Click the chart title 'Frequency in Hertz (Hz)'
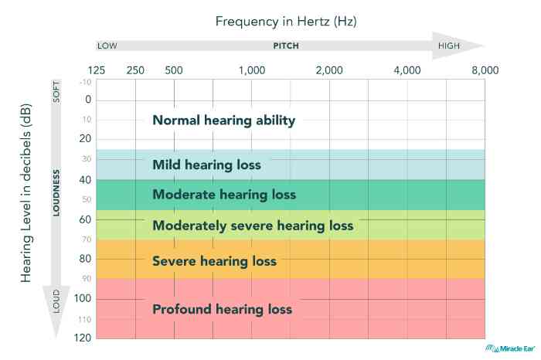tap(286, 22)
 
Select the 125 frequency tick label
tap(97, 70)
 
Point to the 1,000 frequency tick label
tap(252, 70)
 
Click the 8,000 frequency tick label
tap(485, 70)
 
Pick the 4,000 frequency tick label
tap(407, 70)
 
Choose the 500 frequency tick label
tap(174, 70)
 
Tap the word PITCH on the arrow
tap(286, 46)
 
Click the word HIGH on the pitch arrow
tap(449, 46)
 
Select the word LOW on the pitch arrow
tap(107, 46)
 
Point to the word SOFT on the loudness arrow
tap(56, 92)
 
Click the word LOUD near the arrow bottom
tap(56, 305)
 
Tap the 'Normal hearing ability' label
tap(224, 121)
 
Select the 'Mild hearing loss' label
tap(206, 165)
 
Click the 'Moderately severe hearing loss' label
tap(253, 226)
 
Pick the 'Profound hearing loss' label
tap(222, 309)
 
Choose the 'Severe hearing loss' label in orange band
tap(214, 261)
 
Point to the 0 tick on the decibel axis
tap(87, 100)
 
